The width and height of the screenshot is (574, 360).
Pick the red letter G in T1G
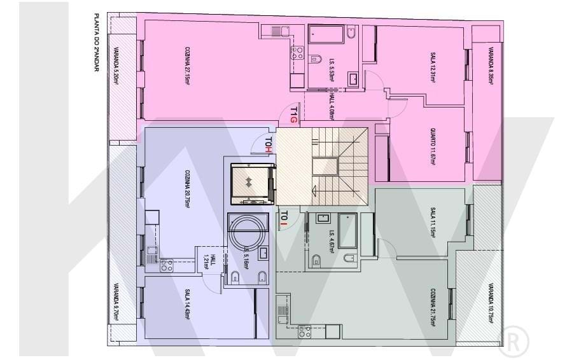coord(294,118)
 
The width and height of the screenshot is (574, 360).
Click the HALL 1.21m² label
coord(209,261)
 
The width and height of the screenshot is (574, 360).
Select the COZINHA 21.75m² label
coord(432,305)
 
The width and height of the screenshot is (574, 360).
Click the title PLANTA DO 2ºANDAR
coord(96,43)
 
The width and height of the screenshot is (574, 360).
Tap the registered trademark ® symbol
coord(514,340)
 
